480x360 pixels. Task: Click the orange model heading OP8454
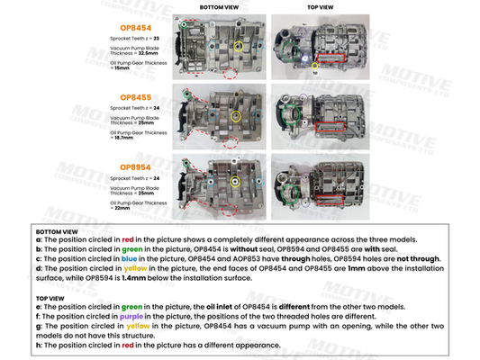(130, 29)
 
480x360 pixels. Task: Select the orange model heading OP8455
(130, 96)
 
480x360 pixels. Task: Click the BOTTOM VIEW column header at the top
(218, 6)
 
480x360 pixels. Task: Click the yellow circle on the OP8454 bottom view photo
(238, 45)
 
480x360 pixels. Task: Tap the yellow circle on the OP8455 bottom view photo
(236, 114)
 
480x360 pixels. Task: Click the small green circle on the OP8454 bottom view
(186, 26)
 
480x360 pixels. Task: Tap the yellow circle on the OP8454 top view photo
(314, 65)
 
